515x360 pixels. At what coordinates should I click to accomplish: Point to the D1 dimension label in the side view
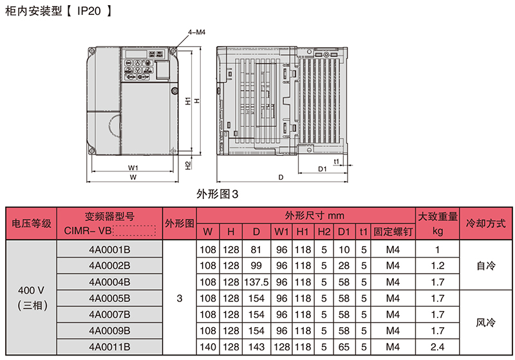(x=323, y=168)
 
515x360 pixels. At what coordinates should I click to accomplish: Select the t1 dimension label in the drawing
(x=336, y=160)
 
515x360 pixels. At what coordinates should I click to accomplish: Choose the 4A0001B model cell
(x=109, y=249)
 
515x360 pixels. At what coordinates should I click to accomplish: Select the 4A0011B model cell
(x=109, y=346)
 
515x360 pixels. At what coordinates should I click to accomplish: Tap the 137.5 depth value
(x=256, y=281)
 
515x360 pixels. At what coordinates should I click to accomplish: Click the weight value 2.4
(x=438, y=346)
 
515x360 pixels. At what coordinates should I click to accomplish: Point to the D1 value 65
(x=343, y=346)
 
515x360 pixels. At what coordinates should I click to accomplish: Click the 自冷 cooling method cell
(x=485, y=265)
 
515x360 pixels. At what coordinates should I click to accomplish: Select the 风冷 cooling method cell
(x=485, y=322)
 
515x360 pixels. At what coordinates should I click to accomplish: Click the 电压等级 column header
(x=32, y=224)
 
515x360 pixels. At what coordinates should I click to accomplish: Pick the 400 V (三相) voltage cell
(x=32, y=298)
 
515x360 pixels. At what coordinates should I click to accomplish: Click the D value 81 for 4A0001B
(x=256, y=249)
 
